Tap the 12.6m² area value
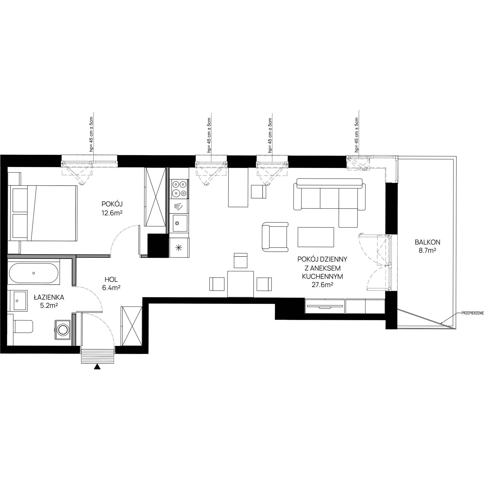112,213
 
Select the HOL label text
111,280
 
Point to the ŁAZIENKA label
49,297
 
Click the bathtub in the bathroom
34,273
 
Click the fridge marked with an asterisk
179,248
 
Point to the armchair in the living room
275,237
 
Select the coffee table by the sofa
316,237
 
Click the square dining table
241,284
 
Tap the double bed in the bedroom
42,213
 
